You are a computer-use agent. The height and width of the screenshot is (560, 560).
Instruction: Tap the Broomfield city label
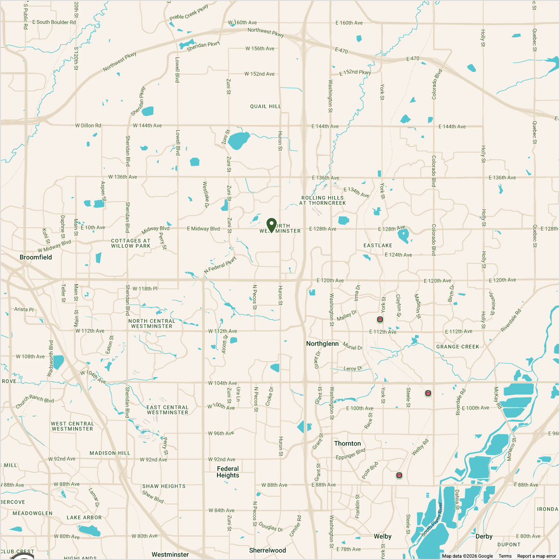click(36, 257)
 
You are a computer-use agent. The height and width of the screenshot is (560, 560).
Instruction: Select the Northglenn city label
click(322, 343)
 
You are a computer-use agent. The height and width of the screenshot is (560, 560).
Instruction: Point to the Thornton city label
click(347, 443)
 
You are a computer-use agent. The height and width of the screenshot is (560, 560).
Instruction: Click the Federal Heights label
click(228, 472)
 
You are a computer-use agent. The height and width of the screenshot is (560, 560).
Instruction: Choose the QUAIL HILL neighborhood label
click(266, 106)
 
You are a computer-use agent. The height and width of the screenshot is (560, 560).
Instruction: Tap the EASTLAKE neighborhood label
click(378, 245)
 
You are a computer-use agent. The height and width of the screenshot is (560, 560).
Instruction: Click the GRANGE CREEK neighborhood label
click(458, 347)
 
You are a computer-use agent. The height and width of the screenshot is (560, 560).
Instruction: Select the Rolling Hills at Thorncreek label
click(322, 201)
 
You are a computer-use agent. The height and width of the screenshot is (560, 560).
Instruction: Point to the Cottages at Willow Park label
click(131, 243)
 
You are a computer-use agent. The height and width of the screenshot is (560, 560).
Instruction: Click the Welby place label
click(383, 536)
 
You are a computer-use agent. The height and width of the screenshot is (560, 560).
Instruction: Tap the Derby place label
click(484, 536)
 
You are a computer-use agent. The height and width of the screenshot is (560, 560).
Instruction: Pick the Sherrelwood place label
click(267, 550)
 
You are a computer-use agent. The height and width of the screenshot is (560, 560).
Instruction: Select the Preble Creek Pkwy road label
click(189, 13)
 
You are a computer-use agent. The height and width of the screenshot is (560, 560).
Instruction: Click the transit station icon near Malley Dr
click(380, 319)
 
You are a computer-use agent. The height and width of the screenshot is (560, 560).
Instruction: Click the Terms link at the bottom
click(505, 556)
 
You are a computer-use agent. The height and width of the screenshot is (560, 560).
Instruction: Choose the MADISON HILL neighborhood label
click(110, 453)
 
